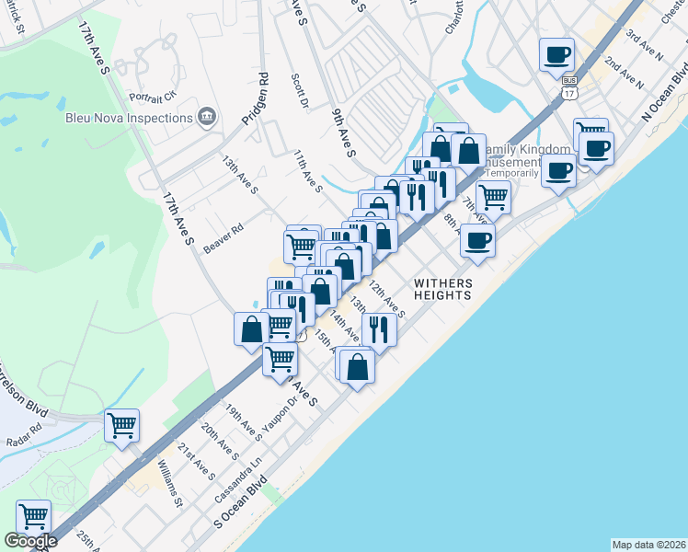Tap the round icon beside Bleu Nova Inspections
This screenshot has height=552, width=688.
pyautogui.click(x=207, y=117)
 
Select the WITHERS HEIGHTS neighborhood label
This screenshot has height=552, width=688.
pyautogui.click(x=443, y=289)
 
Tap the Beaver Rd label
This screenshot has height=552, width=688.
pyautogui.click(x=224, y=238)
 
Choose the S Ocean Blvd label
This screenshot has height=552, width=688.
pyautogui.click(x=239, y=501)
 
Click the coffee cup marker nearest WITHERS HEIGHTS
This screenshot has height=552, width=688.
pyautogui.click(x=476, y=242)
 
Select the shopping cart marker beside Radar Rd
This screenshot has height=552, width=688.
pyautogui.click(x=121, y=426)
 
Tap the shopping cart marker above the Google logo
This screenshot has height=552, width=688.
pyautogui.click(x=33, y=516)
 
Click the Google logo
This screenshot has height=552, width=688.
pyautogui.click(x=30, y=541)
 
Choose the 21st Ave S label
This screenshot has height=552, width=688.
pyautogui.click(x=196, y=460)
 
